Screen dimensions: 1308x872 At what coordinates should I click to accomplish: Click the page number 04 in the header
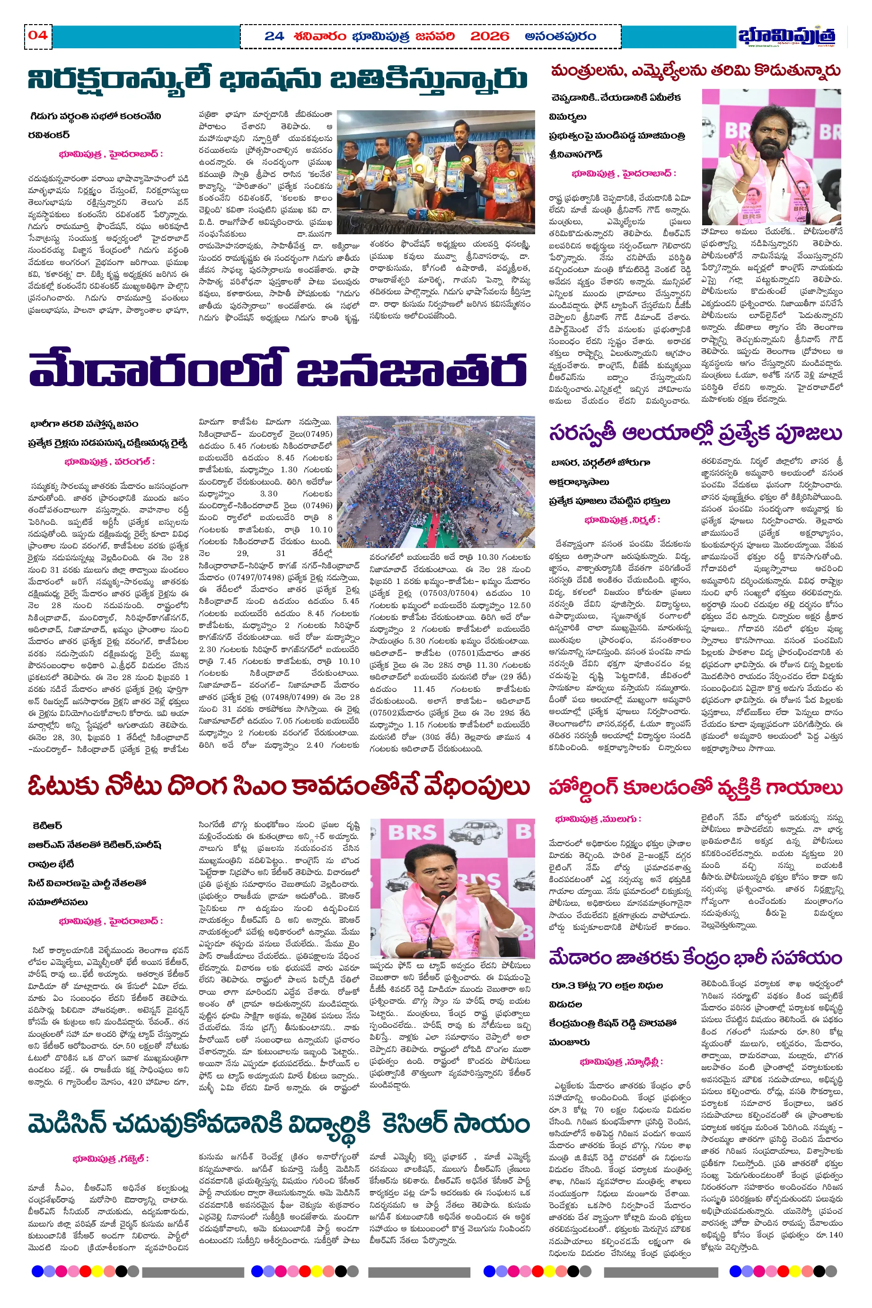pyautogui.click(x=38, y=35)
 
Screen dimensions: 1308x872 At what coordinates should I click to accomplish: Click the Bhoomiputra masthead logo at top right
pyautogui.click(x=786, y=35)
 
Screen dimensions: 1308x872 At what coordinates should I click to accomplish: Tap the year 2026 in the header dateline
pyautogui.click(x=489, y=37)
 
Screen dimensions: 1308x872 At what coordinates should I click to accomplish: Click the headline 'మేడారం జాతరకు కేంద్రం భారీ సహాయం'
pyautogui.click(x=695, y=958)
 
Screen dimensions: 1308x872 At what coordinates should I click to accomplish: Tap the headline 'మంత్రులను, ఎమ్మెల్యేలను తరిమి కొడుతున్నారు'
pyautogui.click(x=695, y=71)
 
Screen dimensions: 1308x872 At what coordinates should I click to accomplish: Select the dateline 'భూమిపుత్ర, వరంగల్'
pyautogui.click(x=109, y=461)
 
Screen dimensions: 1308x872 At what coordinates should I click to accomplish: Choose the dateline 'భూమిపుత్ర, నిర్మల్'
pyautogui.click(x=622, y=520)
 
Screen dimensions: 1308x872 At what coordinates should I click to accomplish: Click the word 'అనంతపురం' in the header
pyautogui.click(x=560, y=37)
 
